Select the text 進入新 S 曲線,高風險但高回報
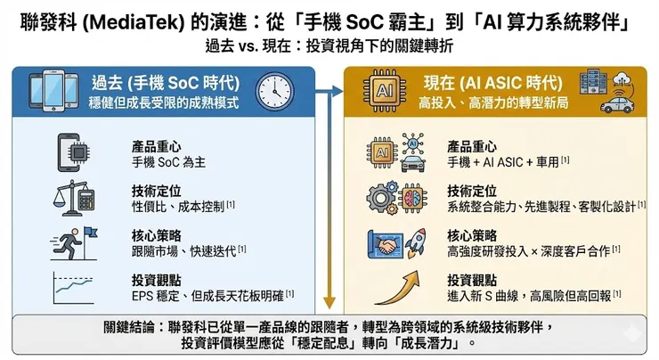[x=529, y=294]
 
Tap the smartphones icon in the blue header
[x=53, y=90]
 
